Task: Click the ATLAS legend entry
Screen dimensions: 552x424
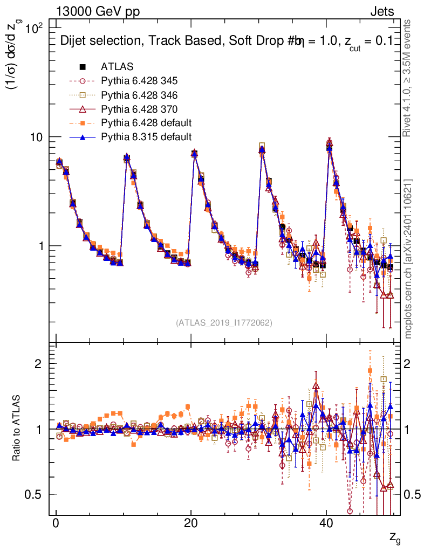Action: (117, 67)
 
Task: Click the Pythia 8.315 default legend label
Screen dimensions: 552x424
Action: (146, 137)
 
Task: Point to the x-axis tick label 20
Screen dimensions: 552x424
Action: (190, 525)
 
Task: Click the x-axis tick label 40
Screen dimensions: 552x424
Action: (325, 525)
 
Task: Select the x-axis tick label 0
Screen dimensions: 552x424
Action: (56, 525)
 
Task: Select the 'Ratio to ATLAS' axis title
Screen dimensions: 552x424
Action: (17, 429)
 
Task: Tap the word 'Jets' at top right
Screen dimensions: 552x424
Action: (381, 11)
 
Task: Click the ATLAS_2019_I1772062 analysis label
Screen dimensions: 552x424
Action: (223, 323)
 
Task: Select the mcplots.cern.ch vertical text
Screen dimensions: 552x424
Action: (408, 259)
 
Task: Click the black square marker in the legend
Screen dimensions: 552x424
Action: (83, 67)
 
